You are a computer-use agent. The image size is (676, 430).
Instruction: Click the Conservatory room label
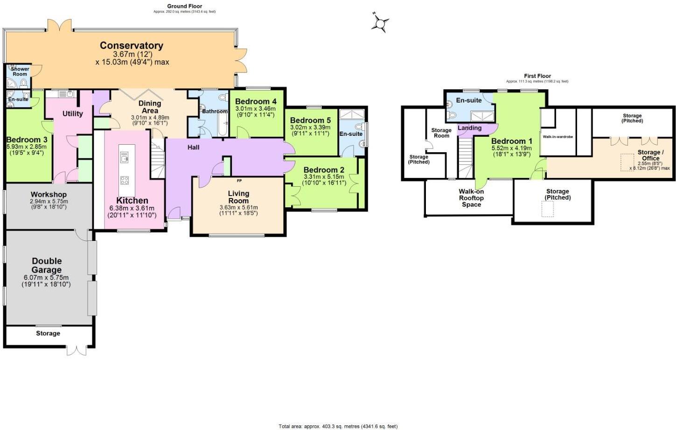coord(132,46)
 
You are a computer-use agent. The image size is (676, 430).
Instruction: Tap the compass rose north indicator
coord(380,22)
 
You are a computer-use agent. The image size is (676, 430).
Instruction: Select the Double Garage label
coord(47,265)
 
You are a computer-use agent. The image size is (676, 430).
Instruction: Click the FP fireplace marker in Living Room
coord(239,181)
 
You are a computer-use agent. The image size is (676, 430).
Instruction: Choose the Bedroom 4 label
coord(256,101)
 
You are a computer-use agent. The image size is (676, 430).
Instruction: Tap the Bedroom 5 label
coord(310,120)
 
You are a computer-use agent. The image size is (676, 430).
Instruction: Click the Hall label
coord(193,148)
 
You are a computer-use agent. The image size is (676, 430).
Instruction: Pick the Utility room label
coord(72,113)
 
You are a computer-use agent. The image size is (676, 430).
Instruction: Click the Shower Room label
coord(20,71)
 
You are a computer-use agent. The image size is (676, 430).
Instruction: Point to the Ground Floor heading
coord(185,6)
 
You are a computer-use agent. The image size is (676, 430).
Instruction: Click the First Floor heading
coord(537,76)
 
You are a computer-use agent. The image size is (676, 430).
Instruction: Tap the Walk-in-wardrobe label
coord(558,137)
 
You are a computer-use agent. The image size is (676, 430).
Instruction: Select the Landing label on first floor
coord(469,128)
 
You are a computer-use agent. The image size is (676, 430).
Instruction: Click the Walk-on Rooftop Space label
coord(471,198)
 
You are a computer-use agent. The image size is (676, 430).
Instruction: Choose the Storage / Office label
coord(650,155)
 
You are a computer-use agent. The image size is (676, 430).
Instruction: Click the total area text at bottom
coord(338,426)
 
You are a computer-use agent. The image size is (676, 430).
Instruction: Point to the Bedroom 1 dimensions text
coord(511,151)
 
